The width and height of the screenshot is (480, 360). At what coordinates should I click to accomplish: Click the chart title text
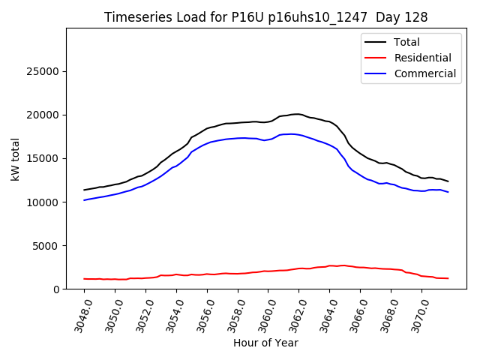pyautogui.click(x=266, y=17)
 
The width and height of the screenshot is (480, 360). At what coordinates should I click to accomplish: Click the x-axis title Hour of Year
pyautogui.click(x=265, y=343)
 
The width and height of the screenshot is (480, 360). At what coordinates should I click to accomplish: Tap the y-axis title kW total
pyautogui.click(x=16, y=158)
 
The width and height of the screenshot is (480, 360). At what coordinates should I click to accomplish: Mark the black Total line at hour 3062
pyautogui.click(x=299, y=114)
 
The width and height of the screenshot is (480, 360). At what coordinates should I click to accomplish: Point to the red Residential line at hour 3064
pyautogui.click(x=330, y=265)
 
